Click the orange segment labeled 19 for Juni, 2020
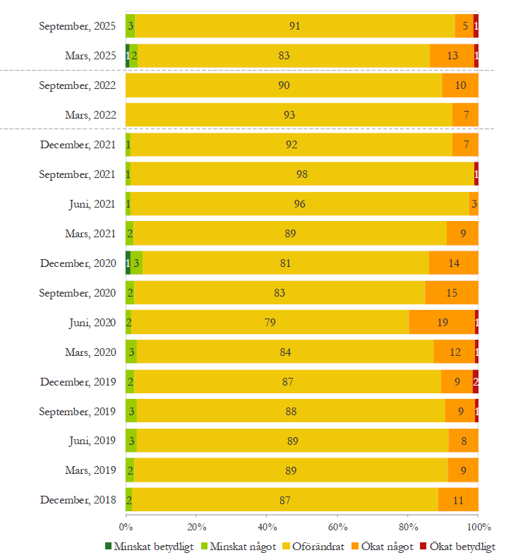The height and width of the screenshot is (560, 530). tap(442, 322)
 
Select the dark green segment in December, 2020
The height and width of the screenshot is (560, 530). tap(128, 263)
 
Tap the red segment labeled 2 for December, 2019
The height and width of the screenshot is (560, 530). tap(476, 381)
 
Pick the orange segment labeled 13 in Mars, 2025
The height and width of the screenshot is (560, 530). tap(452, 55)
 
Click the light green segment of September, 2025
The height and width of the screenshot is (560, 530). tap(131, 25)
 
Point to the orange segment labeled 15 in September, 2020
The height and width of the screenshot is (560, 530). tap(452, 292)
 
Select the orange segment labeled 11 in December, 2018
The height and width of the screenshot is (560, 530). tap(458, 500)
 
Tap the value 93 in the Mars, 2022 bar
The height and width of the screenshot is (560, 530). tap(289, 114)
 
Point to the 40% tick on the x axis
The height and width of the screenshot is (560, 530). tap(267, 527)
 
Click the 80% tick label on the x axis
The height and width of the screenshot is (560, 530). tap(408, 527)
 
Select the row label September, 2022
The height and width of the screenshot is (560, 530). tap(78, 85)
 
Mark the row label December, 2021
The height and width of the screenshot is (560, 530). tap(78, 145)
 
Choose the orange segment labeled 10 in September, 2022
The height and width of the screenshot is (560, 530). tap(460, 85)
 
